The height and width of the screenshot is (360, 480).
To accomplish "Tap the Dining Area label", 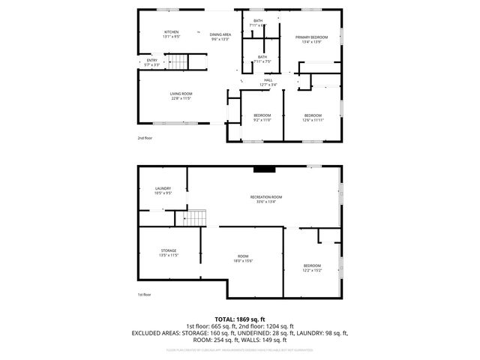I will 220,34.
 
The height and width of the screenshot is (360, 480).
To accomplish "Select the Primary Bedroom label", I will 311,37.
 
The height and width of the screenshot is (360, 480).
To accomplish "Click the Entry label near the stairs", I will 151,61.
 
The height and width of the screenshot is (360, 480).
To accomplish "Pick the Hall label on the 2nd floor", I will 267,80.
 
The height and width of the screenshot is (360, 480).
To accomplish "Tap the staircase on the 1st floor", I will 194,217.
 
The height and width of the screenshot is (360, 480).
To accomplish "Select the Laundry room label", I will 163,188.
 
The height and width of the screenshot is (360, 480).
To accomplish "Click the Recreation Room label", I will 265,196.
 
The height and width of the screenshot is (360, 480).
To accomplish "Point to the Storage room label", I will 168,250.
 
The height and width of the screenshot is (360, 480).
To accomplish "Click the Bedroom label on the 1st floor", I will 312,265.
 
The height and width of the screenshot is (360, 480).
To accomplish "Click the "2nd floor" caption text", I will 144,139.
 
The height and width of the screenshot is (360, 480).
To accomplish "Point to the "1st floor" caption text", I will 144,295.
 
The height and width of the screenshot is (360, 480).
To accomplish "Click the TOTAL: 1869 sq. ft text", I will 240,319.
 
